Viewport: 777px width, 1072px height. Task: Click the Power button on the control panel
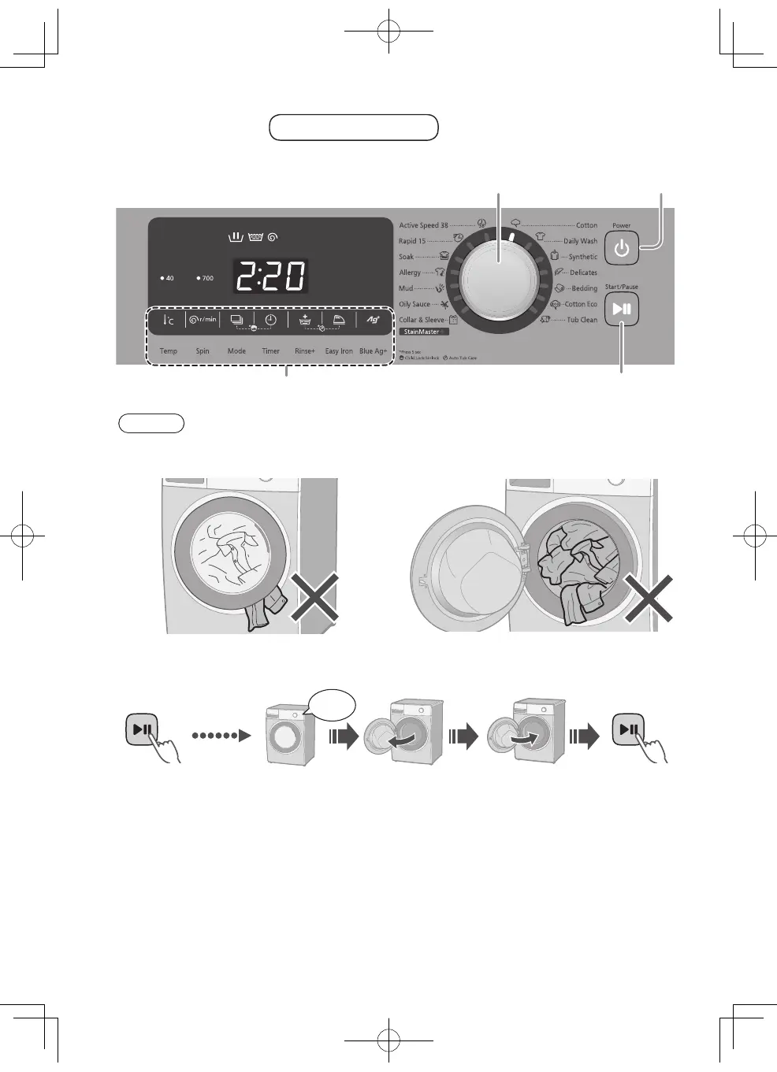(622, 249)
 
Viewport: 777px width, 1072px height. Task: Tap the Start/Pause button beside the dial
(622, 310)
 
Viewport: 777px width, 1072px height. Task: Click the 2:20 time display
(270, 276)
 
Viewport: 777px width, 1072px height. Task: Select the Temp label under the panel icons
(169, 351)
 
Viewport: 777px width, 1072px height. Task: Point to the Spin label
(203, 351)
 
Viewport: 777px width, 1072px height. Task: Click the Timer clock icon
(270, 320)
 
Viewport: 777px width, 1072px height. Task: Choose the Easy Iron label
(339, 351)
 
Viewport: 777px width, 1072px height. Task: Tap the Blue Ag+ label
(374, 351)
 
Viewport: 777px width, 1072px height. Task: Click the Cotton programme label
(586, 225)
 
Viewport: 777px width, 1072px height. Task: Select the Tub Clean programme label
(582, 320)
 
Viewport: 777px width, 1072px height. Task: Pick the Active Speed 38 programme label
(423, 225)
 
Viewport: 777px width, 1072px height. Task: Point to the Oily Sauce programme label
(415, 304)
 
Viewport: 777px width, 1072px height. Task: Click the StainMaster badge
(423, 332)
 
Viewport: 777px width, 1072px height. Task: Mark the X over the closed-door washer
(314, 596)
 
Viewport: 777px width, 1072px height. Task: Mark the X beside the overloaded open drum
(649, 598)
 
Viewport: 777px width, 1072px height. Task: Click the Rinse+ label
(305, 351)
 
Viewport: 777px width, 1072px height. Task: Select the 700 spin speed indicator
(206, 278)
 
